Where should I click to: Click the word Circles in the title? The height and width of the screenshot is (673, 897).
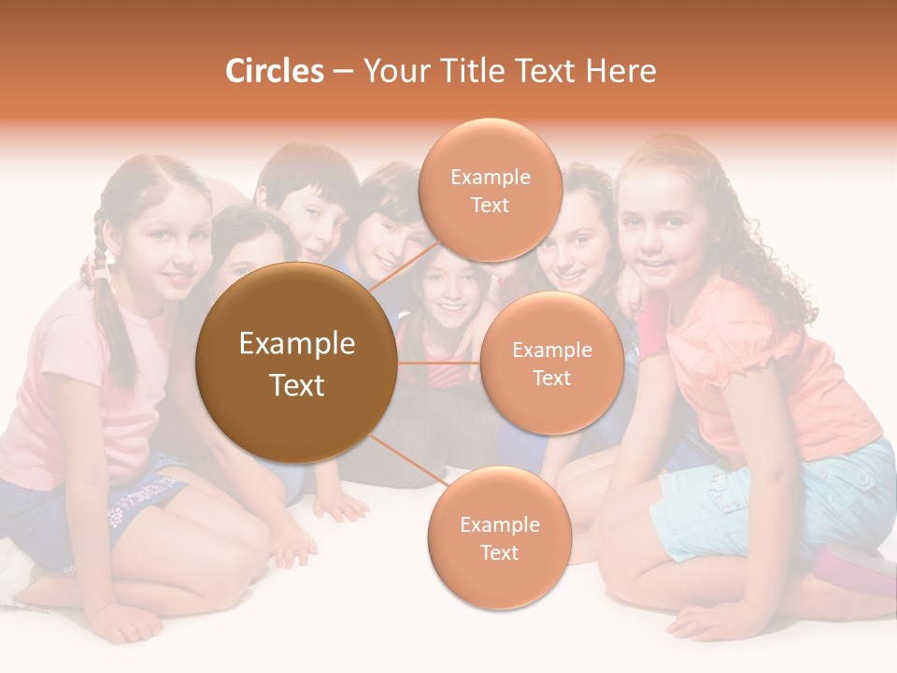(274, 72)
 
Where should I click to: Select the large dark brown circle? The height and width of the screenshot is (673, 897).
(296, 363)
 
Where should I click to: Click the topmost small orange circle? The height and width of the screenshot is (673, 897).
(490, 190)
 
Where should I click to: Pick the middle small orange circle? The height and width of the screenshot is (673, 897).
(552, 363)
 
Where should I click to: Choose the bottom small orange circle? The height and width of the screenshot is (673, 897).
(499, 537)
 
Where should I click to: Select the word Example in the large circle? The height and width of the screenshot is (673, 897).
(296, 344)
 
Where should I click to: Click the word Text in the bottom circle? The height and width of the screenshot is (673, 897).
(499, 552)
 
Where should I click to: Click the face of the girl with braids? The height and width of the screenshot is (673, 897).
(167, 248)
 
